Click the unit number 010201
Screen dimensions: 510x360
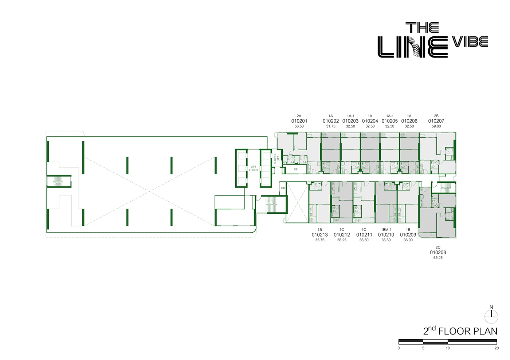[x=299, y=121]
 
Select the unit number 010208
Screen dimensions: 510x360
[x=438, y=252]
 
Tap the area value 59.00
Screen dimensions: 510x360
[x=436, y=126]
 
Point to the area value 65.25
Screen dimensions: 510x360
[x=438, y=258]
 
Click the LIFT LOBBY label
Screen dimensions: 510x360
[x=254, y=169]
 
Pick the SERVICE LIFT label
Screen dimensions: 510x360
[x=276, y=158]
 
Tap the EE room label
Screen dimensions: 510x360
[x=296, y=169]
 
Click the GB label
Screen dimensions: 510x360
[x=283, y=188]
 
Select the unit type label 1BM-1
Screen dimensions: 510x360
[x=386, y=230]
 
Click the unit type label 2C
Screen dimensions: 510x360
[x=438, y=247]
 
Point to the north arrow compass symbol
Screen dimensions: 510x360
[x=491, y=315]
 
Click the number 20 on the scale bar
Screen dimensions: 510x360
[x=497, y=348]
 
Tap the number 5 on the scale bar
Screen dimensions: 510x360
[x=423, y=348]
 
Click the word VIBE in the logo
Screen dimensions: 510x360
[x=470, y=42]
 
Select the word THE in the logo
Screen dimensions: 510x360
[x=422, y=28]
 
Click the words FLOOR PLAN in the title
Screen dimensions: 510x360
[x=468, y=331]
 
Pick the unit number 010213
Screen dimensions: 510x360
[x=320, y=235]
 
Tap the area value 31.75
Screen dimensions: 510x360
[x=331, y=126]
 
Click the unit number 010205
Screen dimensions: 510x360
[x=390, y=121]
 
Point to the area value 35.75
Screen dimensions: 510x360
[x=320, y=240]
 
